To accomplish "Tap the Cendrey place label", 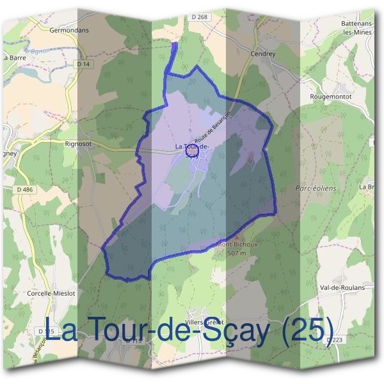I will coord(262,54).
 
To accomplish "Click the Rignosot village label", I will coord(78,144).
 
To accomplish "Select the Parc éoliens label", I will coord(316,189).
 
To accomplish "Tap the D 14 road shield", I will coord(83,64).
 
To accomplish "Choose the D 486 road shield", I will coord(25,189).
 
